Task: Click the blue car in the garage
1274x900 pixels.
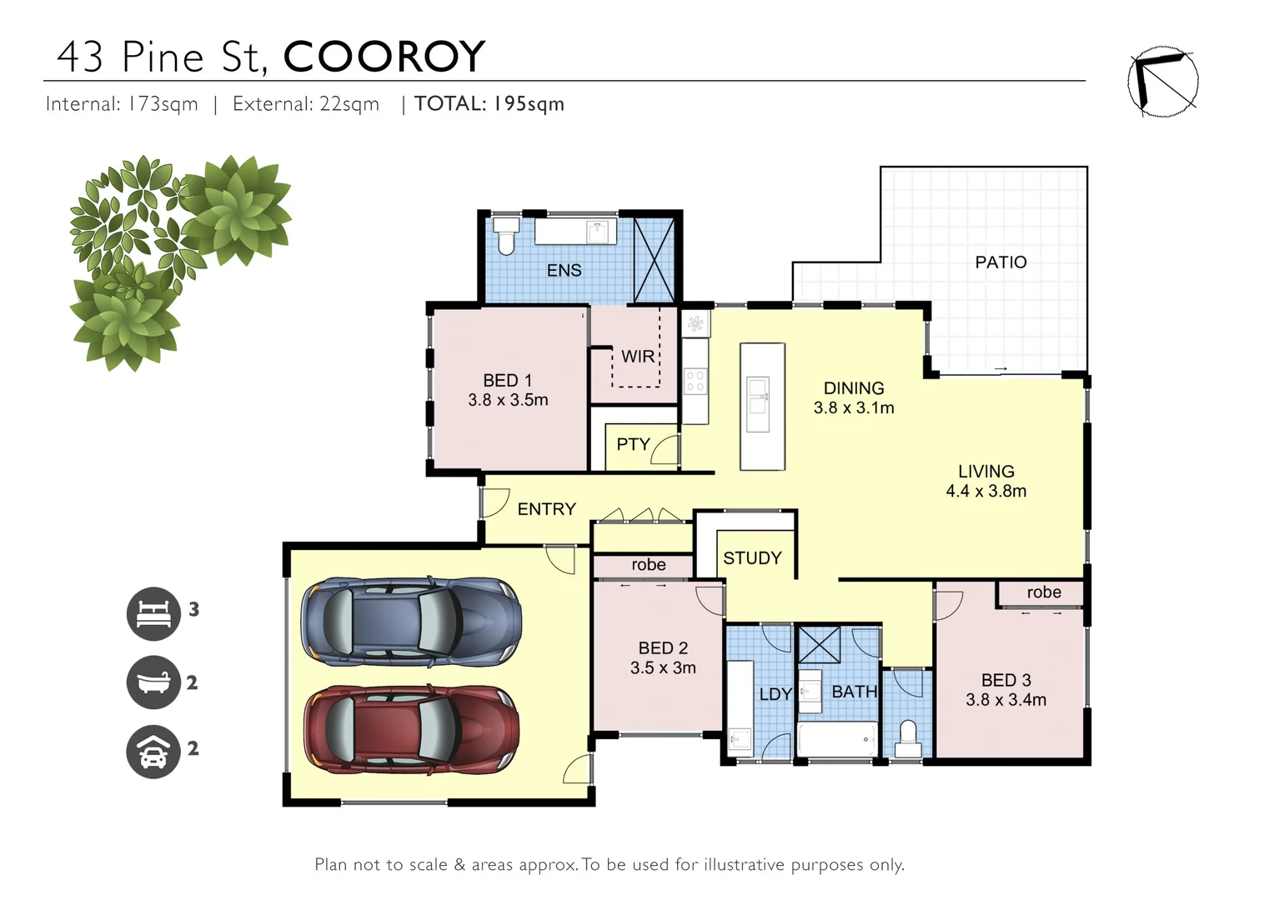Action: coord(411,622)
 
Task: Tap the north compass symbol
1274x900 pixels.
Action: coord(1162,82)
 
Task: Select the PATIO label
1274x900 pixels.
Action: coord(1001,262)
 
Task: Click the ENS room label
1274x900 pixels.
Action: coord(564,270)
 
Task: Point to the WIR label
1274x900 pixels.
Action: coord(637,357)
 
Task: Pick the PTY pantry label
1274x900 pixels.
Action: coord(633,444)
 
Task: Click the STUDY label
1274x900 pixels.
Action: coord(752,558)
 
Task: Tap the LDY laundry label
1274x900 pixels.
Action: coord(775,694)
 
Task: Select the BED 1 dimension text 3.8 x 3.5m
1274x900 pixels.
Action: coord(508,400)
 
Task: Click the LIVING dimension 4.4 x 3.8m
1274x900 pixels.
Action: coord(986,492)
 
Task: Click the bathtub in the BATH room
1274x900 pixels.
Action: coord(837,738)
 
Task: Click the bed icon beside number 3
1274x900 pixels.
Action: coord(153,614)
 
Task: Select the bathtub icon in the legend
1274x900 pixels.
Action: coord(153,682)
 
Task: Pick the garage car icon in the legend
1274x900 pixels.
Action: coord(153,751)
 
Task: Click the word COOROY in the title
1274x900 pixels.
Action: coord(384,57)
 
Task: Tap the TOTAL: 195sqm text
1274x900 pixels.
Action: coord(489,104)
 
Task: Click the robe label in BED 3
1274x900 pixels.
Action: coord(1044,592)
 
